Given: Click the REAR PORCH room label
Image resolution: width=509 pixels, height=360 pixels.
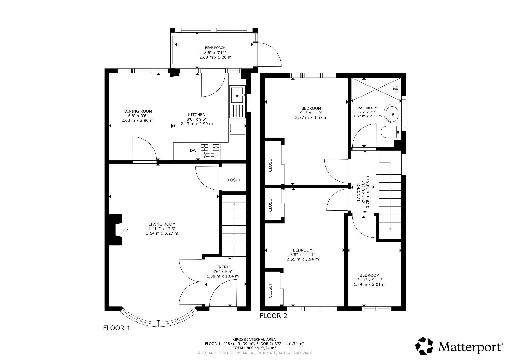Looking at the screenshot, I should [x=215, y=48].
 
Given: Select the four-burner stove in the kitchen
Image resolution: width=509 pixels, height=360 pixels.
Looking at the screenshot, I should [x=210, y=150].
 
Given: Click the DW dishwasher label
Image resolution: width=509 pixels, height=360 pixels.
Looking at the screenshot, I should [x=193, y=151].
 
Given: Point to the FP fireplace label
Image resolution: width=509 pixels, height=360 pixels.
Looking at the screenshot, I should [x=125, y=230].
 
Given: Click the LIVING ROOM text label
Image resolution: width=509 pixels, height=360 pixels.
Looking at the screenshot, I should [x=162, y=224].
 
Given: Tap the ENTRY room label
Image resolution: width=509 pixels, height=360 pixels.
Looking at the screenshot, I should [x=222, y=267].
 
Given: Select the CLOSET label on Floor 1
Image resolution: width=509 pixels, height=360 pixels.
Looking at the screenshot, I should [x=233, y=180].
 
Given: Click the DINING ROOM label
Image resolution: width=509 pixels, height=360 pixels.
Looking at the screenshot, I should [x=138, y=111].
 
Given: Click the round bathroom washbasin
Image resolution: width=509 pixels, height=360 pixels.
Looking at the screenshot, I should [x=393, y=114].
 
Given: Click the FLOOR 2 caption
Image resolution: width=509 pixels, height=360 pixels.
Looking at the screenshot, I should [x=273, y=316].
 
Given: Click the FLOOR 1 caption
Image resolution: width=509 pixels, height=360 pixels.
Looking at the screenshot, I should [x=116, y=328].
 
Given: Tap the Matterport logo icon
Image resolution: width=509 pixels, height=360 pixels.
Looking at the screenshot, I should [x=424, y=346].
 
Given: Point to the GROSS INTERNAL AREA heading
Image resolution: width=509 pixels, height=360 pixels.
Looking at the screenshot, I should [x=254, y=339].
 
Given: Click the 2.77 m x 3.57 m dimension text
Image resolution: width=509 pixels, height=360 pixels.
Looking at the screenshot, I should [x=311, y=117].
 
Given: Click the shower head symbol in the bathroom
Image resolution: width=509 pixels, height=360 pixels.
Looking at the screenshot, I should [x=396, y=88].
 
